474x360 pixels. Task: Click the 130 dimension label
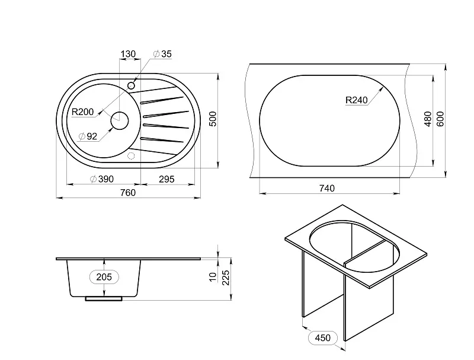[128, 54]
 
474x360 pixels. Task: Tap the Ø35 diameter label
[162, 54]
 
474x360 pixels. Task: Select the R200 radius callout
[82, 112]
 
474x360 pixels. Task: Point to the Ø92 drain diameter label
[88, 136]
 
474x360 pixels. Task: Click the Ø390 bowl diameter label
[102, 179]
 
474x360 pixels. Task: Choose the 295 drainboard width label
[166, 179]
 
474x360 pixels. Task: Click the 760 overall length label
[128, 193]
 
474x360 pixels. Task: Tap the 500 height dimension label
[213, 119]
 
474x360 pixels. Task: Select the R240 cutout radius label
[357, 100]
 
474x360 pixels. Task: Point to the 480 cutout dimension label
[428, 119]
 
